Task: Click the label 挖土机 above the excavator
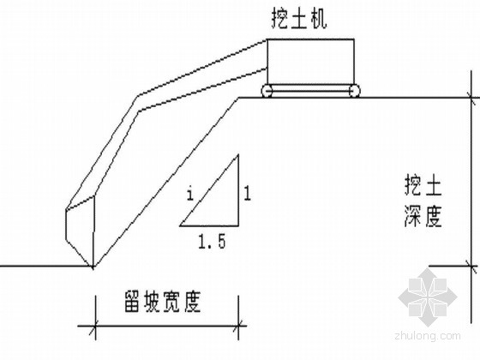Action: [x=299, y=19]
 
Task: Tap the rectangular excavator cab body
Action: [x=310, y=61]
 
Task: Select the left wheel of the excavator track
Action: [x=267, y=91]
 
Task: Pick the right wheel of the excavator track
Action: [x=354, y=91]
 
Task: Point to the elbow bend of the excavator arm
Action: [x=138, y=104]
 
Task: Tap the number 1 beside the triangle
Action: [x=248, y=194]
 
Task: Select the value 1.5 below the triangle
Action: [x=212, y=241]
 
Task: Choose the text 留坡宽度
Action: [x=162, y=302]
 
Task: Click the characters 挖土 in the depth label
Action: [x=423, y=185]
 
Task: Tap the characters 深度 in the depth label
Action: [x=423, y=216]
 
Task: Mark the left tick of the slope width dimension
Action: [x=95, y=326]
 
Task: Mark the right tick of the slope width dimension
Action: [x=238, y=326]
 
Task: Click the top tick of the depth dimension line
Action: [x=471, y=98]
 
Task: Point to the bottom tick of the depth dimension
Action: [x=471, y=267]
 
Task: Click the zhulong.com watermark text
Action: [x=428, y=336]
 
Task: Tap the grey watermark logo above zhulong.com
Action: [x=428, y=297]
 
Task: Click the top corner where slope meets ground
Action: [x=239, y=98]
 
